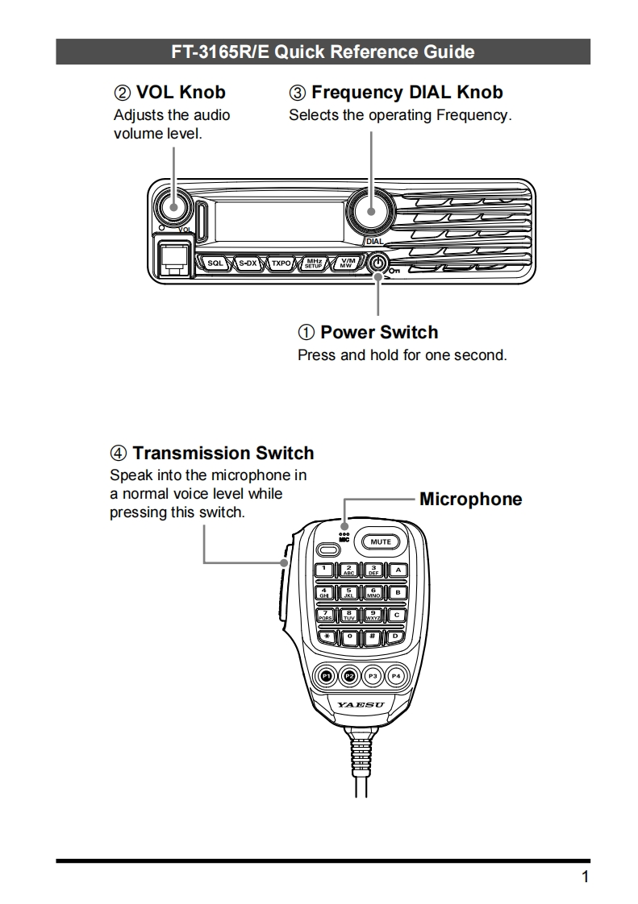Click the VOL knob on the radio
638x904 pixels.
(173, 206)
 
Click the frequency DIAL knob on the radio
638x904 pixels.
(370, 211)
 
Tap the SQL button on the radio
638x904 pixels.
(215, 263)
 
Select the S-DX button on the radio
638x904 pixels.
(248, 263)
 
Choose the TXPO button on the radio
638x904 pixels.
(281, 263)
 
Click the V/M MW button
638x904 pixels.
(346, 263)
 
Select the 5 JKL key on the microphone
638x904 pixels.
(348, 593)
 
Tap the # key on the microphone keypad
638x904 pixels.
(373, 637)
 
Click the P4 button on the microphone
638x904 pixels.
(396, 676)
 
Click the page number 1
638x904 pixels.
(585, 877)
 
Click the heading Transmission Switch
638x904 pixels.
(223, 453)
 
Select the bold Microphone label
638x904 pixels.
(470, 500)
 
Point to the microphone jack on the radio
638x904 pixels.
(172, 258)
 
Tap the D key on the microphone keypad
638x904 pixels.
(396, 637)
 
